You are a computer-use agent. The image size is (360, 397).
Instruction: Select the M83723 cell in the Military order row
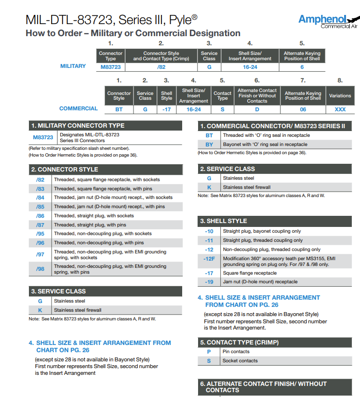(110, 67)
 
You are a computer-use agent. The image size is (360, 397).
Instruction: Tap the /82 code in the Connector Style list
(40, 180)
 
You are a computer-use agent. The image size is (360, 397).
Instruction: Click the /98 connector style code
(40, 269)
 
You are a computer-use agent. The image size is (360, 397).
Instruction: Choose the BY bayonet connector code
(209, 145)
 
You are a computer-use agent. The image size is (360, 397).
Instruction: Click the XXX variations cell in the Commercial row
(340, 109)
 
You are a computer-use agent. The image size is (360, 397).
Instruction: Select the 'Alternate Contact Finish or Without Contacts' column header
(257, 95)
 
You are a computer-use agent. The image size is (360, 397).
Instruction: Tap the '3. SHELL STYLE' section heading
(224, 221)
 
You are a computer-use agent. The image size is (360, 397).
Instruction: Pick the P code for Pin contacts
(209, 352)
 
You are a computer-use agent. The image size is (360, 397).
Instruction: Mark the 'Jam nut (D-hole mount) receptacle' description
(260, 282)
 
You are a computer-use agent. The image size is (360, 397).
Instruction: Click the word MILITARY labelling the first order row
(73, 66)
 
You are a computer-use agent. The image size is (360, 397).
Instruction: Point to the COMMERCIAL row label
(78, 109)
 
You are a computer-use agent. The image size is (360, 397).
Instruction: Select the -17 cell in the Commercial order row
(166, 109)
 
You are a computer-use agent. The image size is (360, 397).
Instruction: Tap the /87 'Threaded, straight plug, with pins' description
(90, 225)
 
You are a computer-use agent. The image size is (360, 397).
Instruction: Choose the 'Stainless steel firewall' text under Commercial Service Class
(247, 187)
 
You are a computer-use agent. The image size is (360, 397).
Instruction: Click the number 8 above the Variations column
(340, 80)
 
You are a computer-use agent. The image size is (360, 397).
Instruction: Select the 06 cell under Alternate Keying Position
(303, 109)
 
